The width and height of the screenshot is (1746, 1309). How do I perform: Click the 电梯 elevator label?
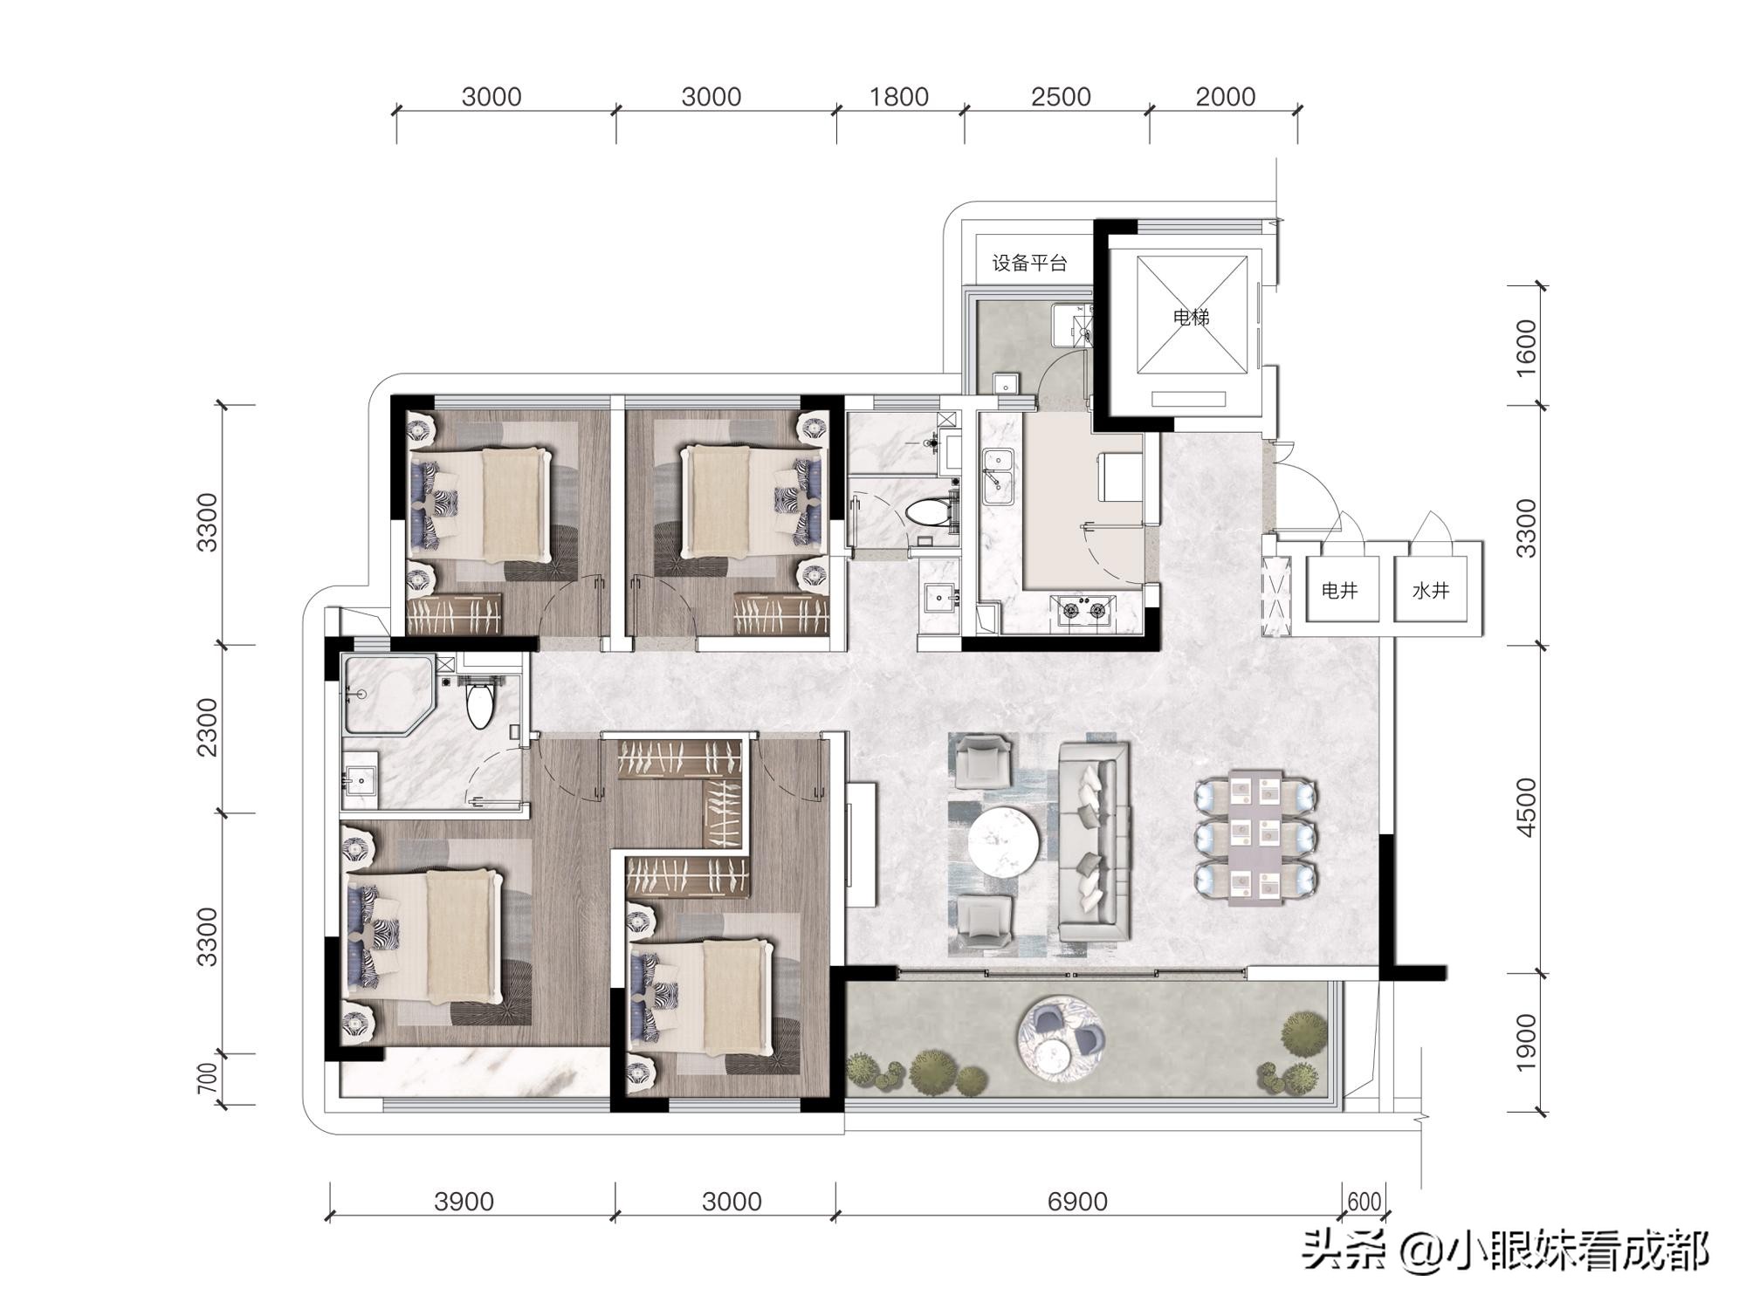pos(1191,317)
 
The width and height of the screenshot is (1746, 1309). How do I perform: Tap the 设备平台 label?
pos(1029,263)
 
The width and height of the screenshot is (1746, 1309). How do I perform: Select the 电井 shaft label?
pos(1339,591)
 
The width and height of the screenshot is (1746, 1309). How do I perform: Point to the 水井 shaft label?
pos(1430,591)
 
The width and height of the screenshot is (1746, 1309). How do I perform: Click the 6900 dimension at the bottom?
pos(1077,1202)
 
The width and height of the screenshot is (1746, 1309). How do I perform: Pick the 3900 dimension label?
pos(464,1202)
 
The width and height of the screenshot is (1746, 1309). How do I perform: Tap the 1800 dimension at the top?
pos(898,96)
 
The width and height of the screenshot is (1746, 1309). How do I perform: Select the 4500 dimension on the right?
pos(1525,807)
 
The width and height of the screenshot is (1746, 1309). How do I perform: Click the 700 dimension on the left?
pos(207,1079)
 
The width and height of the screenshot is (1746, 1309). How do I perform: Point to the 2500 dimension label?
pos(1061,96)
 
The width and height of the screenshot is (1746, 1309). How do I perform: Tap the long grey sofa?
pos(1095,842)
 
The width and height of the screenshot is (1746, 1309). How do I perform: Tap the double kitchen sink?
pos(998,476)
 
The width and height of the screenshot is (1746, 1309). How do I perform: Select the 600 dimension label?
pos(1364,1203)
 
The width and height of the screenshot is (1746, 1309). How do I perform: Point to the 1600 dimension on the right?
pos(1525,347)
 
